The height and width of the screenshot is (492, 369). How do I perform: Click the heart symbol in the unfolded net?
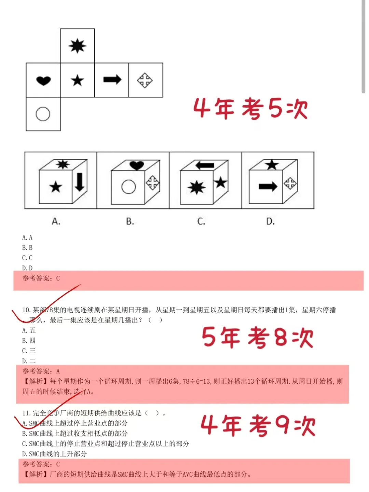pos(43,81)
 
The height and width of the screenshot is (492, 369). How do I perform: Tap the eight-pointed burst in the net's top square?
pos(77,46)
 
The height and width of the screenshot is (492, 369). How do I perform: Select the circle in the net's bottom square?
pos(43,114)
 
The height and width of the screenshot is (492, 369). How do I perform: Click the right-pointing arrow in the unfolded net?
pos(112,80)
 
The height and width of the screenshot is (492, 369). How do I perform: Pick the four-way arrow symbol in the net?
pos(145,80)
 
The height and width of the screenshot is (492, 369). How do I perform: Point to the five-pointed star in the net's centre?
pos(78,81)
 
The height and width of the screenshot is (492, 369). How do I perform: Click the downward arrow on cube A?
pos(80,181)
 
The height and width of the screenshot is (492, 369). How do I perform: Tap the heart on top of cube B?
pos(137,165)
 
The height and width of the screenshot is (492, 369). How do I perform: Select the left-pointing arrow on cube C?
pos(205,165)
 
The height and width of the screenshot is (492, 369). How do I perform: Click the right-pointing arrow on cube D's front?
pos(268,187)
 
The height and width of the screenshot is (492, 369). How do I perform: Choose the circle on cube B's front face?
pos(129,187)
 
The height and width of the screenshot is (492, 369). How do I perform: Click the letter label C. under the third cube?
pos(201,221)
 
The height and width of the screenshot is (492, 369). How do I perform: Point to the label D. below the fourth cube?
pos(270,221)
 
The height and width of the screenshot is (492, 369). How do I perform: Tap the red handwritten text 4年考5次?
pos(250,109)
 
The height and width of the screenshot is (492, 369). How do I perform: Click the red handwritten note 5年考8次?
pos(257,337)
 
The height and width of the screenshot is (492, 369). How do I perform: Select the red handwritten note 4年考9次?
pos(258,426)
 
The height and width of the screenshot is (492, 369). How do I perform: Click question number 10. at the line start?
pos(27,310)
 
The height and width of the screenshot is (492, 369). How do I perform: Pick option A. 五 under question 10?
pos(29,330)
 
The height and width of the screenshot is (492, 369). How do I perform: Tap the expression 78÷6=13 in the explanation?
pos(196,381)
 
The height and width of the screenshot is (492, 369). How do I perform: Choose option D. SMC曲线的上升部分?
pos(55,454)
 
